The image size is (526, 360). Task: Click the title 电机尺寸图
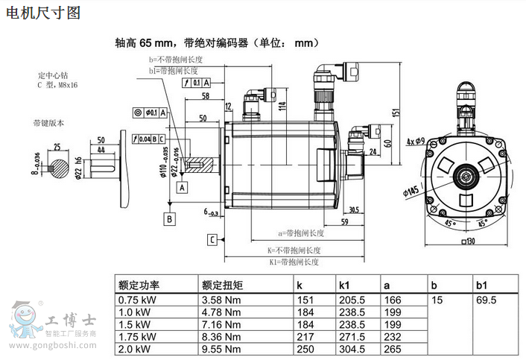point(42,13)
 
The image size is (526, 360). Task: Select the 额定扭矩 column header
point(222,285)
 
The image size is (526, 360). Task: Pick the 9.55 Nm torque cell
point(221,348)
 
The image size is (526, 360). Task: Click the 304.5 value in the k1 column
point(352,348)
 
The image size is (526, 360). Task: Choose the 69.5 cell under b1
point(487,300)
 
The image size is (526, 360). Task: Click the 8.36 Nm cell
point(221,336)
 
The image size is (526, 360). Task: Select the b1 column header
point(481,285)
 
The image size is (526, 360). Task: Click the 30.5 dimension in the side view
point(353,209)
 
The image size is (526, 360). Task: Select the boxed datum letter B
point(169,218)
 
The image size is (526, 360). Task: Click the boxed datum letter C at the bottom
point(212,239)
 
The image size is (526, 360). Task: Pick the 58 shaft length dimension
point(204,96)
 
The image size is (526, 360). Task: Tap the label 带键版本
point(48,123)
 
